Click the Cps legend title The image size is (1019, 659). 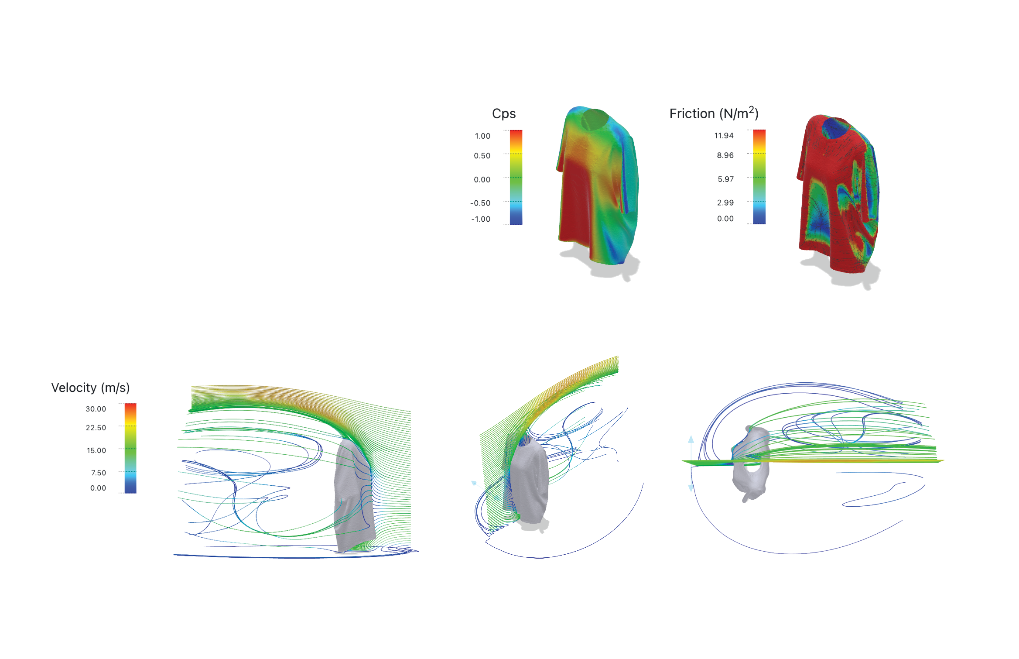click(504, 113)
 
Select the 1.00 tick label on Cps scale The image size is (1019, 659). click(482, 136)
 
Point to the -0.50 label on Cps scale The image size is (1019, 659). click(480, 203)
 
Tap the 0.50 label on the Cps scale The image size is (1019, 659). click(482, 156)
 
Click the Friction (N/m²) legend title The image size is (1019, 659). click(714, 113)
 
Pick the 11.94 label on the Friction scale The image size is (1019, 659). click(724, 136)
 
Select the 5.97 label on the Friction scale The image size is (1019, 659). click(726, 179)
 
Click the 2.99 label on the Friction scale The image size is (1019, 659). click(725, 203)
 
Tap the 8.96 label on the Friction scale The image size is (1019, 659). click(725, 155)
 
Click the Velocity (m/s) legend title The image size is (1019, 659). click(90, 388)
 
